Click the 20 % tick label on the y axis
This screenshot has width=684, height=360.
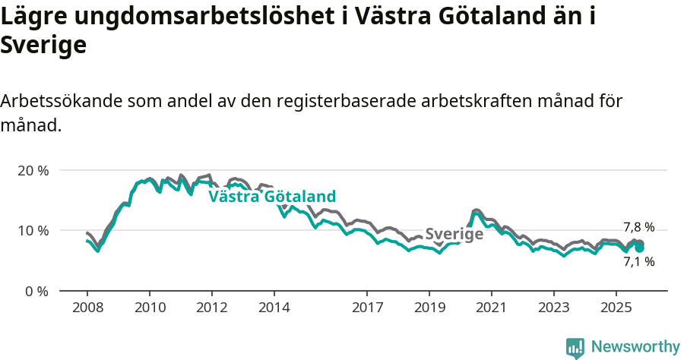tap(33, 170)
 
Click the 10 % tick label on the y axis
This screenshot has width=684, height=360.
tap(33, 230)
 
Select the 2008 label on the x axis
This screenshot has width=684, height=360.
tap(87, 308)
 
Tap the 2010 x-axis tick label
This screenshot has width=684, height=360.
tap(149, 308)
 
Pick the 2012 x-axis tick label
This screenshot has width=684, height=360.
tap(211, 308)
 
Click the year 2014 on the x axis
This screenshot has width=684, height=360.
tap(274, 308)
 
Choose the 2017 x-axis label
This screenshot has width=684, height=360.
tap(367, 308)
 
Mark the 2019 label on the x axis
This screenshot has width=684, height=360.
tap(429, 308)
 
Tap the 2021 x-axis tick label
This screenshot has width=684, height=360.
tap(492, 308)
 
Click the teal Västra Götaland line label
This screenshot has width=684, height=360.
tap(272, 197)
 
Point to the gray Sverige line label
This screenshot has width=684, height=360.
tap(454, 235)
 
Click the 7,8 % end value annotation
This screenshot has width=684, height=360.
tap(638, 227)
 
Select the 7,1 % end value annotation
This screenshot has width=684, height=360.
tap(638, 262)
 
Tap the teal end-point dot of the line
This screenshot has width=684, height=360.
tap(639, 248)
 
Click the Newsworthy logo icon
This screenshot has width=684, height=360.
tap(575, 347)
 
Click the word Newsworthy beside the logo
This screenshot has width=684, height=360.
tap(635, 347)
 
